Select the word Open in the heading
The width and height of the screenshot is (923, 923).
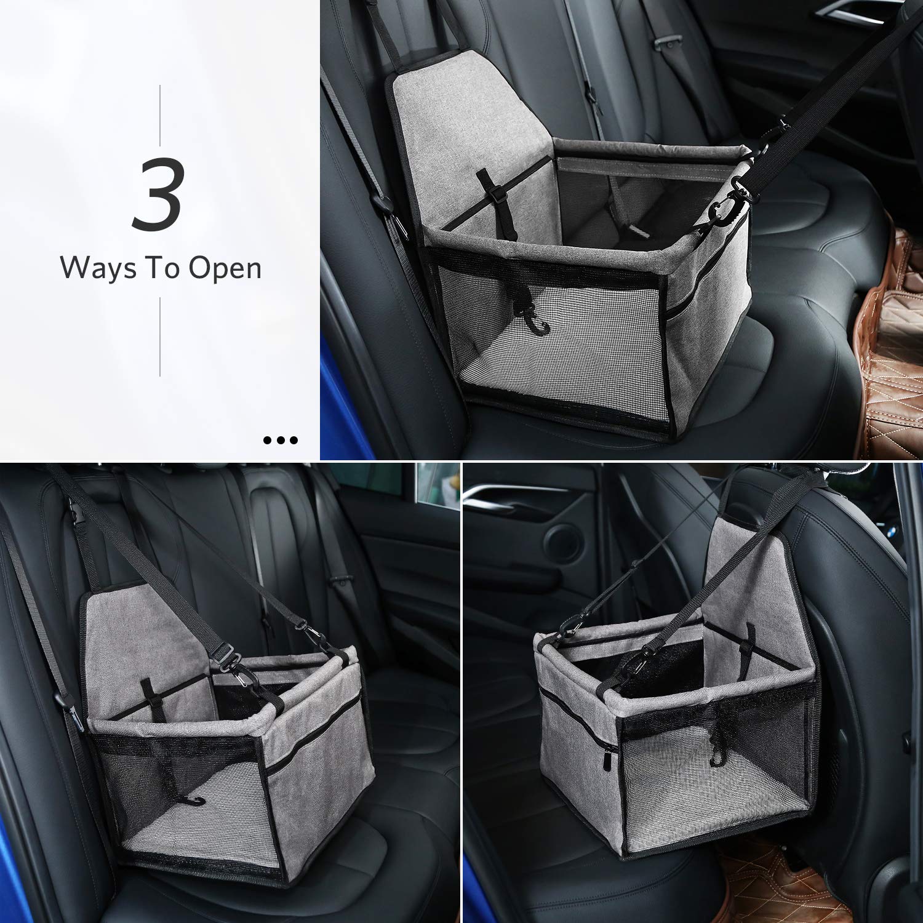pyautogui.click(x=225, y=269)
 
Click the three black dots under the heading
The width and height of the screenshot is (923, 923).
pyautogui.click(x=281, y=440)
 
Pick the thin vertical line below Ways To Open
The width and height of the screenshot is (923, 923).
pyautogui.click(x=161, y=337)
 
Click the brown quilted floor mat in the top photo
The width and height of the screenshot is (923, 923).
pyautogui.click(x=892, y=345)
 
